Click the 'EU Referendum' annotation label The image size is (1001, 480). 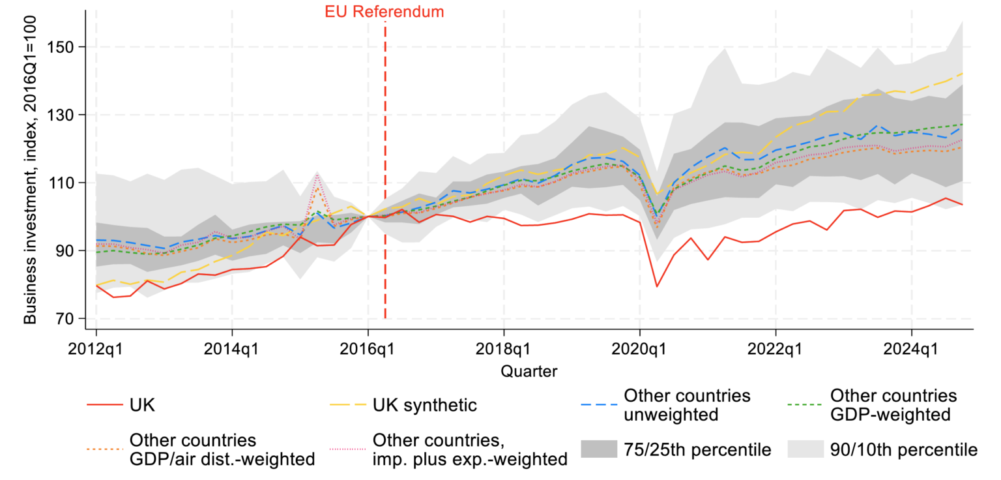pyautogui.click(x=384, y=11)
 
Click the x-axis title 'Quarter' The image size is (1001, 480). pyautogui.click(x=529, y=372)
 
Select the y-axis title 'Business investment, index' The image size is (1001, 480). pyautogui.click(x=30, y=170)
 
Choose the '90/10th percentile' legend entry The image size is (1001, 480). pyautogui.click(x=903, y=449)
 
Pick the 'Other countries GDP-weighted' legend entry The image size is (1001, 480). pyautogui.click(x=893, y=405)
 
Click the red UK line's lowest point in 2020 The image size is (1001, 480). pyautogui.click(x=657, y=286)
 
